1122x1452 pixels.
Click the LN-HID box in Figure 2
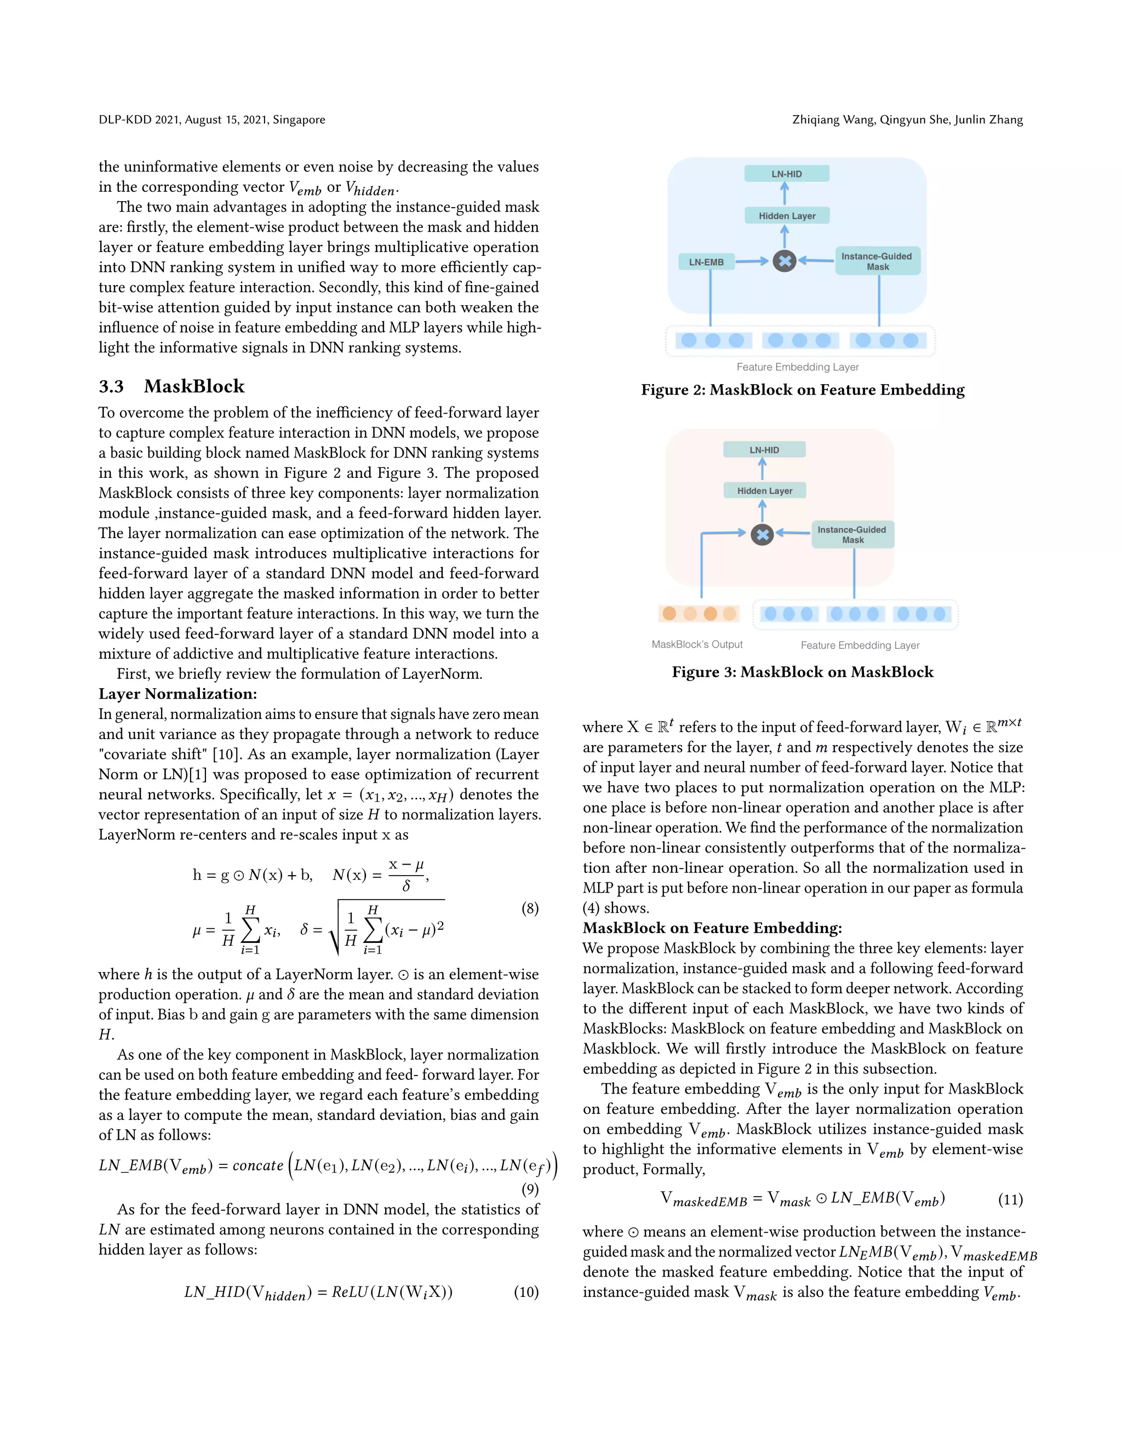click(x=786, y=174)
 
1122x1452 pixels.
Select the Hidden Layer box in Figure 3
click(x=764, y=490)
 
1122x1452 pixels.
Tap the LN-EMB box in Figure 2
click(x=706, y=262)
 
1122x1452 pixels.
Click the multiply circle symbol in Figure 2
click(x=785, y=261)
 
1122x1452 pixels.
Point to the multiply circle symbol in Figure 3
click(x=763, y=534)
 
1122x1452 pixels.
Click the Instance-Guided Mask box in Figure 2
click(x=878, y=261)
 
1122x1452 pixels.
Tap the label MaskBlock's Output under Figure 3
click(x=697, y=644)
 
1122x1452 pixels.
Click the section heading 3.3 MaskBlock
click(x=171, y=386)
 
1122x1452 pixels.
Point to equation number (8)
click(x=529, y=908)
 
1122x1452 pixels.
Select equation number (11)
click(x=1010, y=1199)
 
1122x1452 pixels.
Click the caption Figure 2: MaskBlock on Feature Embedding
click(x=802, y=390)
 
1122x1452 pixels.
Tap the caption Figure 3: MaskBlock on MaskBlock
click(x=802, y=672)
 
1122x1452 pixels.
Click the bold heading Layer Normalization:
click(x=178, y=694)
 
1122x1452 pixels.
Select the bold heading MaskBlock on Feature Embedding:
click(x=712, y=928)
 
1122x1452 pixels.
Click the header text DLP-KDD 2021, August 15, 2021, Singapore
click(x=212, y=119)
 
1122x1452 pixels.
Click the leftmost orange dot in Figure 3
click(x=669, y=613)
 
